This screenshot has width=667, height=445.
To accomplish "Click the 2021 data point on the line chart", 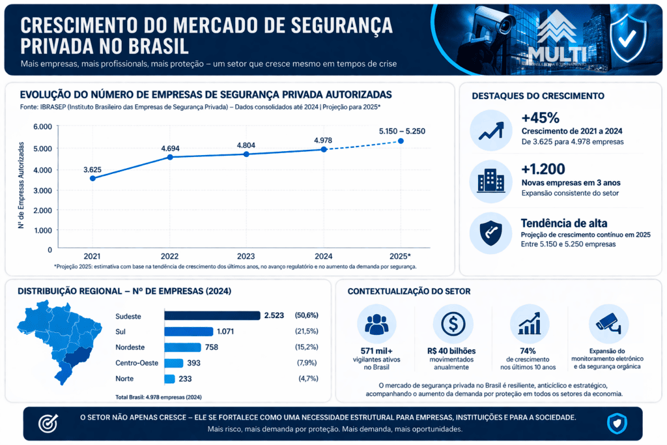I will (93, 178).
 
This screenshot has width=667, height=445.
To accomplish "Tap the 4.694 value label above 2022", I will (171, 149).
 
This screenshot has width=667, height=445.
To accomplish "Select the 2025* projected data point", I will (401, 141).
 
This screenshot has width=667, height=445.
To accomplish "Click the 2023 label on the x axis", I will (247, 256).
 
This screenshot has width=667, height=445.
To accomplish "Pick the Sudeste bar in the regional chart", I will (212, 315).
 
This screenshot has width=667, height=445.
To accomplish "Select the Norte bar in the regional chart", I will (169, 379).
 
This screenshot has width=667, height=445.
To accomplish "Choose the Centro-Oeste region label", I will (137, 363).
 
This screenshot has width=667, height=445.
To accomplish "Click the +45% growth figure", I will (541, 118).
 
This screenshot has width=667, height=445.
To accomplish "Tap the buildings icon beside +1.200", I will (490, 181).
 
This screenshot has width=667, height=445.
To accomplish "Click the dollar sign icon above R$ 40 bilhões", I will (453, 323).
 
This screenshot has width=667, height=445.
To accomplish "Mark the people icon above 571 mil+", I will (376, 324).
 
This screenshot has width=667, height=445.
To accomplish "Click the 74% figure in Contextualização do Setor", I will (528, 351).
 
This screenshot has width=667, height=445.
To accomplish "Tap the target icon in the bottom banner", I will (48, 423).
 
